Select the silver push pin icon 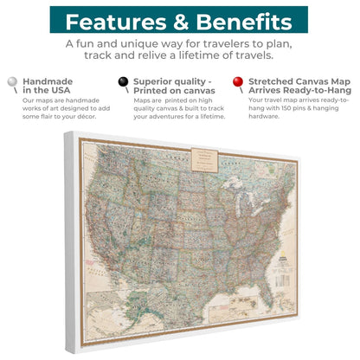pos(12,83)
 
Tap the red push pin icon pos(237,83)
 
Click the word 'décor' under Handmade pos(84,117)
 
